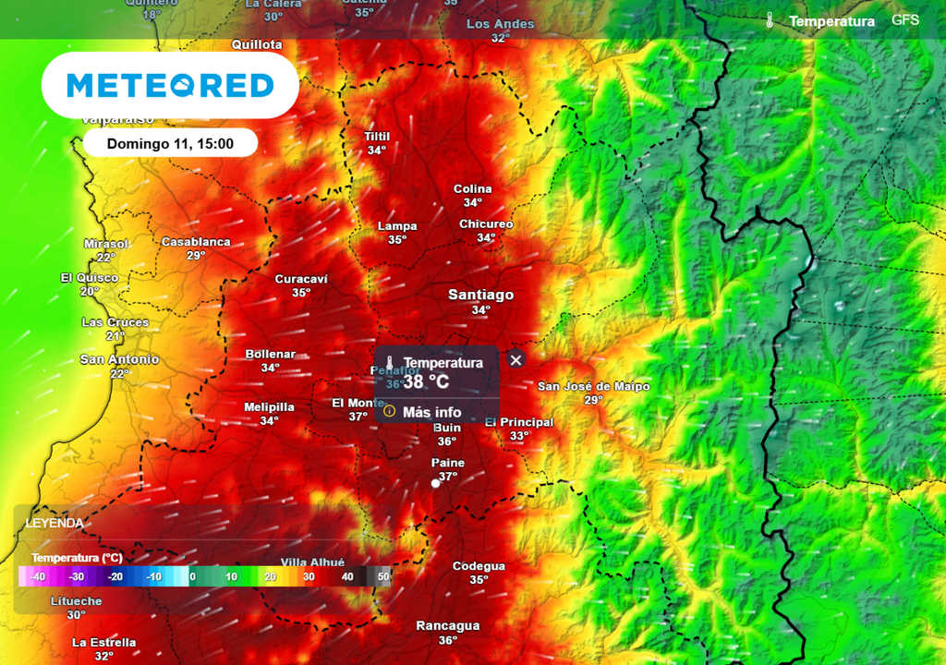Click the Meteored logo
click(x=170, y=86)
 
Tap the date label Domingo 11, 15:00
click(x=170, y=143)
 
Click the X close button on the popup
click(x=516, y=360)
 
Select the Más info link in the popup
click(x=431, y=412)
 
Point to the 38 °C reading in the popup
click(x=426, y=381)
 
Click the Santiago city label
click(x=480, y=295)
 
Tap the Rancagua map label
click(x=448, y=626)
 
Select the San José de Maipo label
click(x=594, y=386)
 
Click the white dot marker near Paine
click(x=435, y=483)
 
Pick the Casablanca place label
click(x=196, y=242)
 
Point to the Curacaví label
click(x=301, y=279)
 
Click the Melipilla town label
click(x=269, y=407)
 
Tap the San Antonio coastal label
click(x=119, y=359)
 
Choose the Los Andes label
click(x=501, y=24)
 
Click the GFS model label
click(x=905, y=19)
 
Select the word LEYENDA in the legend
click(x=55, y=523)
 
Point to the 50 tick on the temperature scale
click(x=383, y=576)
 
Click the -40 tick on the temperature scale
click(x=37, y=576)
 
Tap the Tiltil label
click(x=377, y=137)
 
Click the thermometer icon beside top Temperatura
click(x=770, y=20)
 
